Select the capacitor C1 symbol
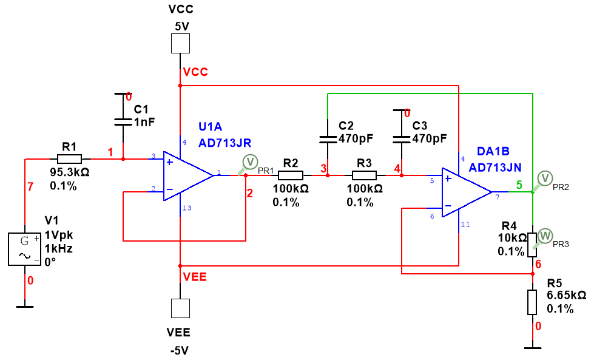[x=124, y=121]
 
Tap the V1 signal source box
[x=25, y=249]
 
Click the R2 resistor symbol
[x=291, y=175]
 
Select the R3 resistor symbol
[x=364, y=175]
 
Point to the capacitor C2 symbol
[x=328, y=138]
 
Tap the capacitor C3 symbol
[x=401, y=138]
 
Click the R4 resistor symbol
[x=532, y=241]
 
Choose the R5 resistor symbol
[x=532, y=302]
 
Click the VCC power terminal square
[x=180, y=44]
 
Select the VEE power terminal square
[x=180, y=308]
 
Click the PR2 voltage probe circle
[x=545, y=177]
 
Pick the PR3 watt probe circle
[x=545, y=235]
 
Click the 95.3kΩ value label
[x=70, y=172]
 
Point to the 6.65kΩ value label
[x=565, y=296]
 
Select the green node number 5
[x=519, y=185]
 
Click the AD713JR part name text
[x=224, y=143]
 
